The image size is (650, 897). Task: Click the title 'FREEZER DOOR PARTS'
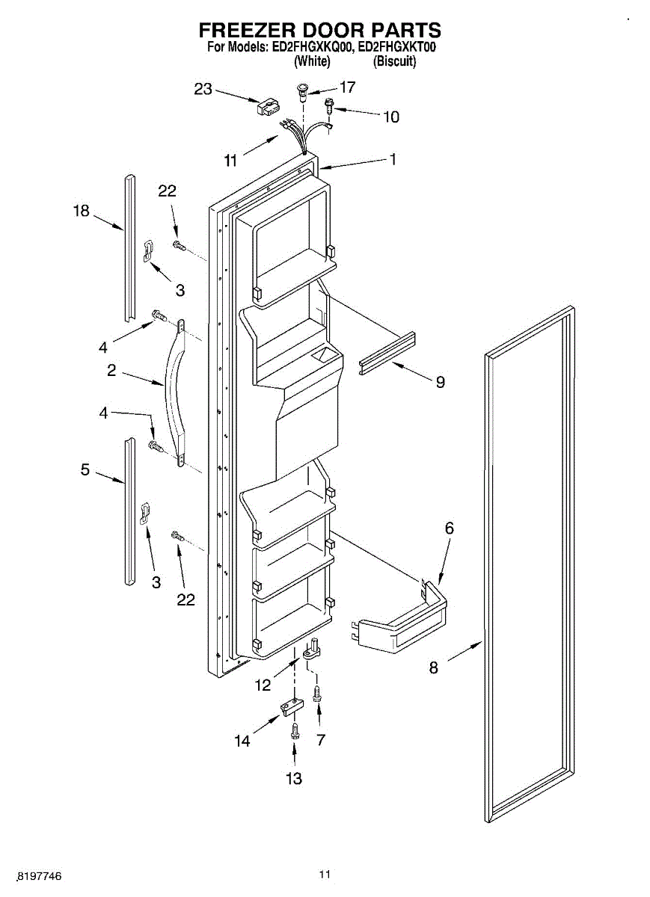pyautogui.click(x=319, y=30)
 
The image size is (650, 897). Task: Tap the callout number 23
pyautogui.click(x=203, y=89)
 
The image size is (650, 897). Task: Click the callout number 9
pyautogui.click(x=441, y=382)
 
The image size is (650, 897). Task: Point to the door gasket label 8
pyautogui.click(x=434, y=668)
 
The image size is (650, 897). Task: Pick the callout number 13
pyautogui.click(x=294, y=779)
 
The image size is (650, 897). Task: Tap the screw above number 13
pyautogui.click(x=295, y=730)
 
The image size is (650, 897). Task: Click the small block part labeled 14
pyautogui.click(x=292, y=704)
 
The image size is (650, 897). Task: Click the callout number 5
pyautogui.click(x=85, y=470)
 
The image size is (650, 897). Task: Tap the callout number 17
pyautogui.click(x=347, y=87)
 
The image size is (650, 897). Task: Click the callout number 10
pyautogui.click(x=391, y=117)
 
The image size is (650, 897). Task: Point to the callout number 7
pyautogui.click(x=321, y=739)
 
